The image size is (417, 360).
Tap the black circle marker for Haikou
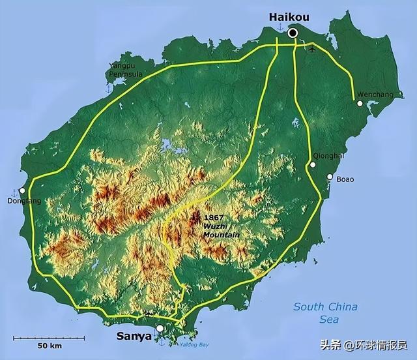tap(293, 33)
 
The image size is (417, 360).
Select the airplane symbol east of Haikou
tap(313, 48)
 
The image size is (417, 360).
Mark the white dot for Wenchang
tap(358, 102)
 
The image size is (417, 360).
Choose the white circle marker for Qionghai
tap(313, 164)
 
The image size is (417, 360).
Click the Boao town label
tap(345, 179)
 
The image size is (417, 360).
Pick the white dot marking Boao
tap(330, 177)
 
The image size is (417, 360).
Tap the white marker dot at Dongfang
tap(22, 190)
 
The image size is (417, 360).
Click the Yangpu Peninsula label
tap(126, 70)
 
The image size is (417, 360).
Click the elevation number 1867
tap(214, 217)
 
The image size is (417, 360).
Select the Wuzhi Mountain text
tap(221, 230)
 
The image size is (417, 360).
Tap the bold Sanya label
tap(134, 337)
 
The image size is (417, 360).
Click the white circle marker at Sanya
tap(160, 329)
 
